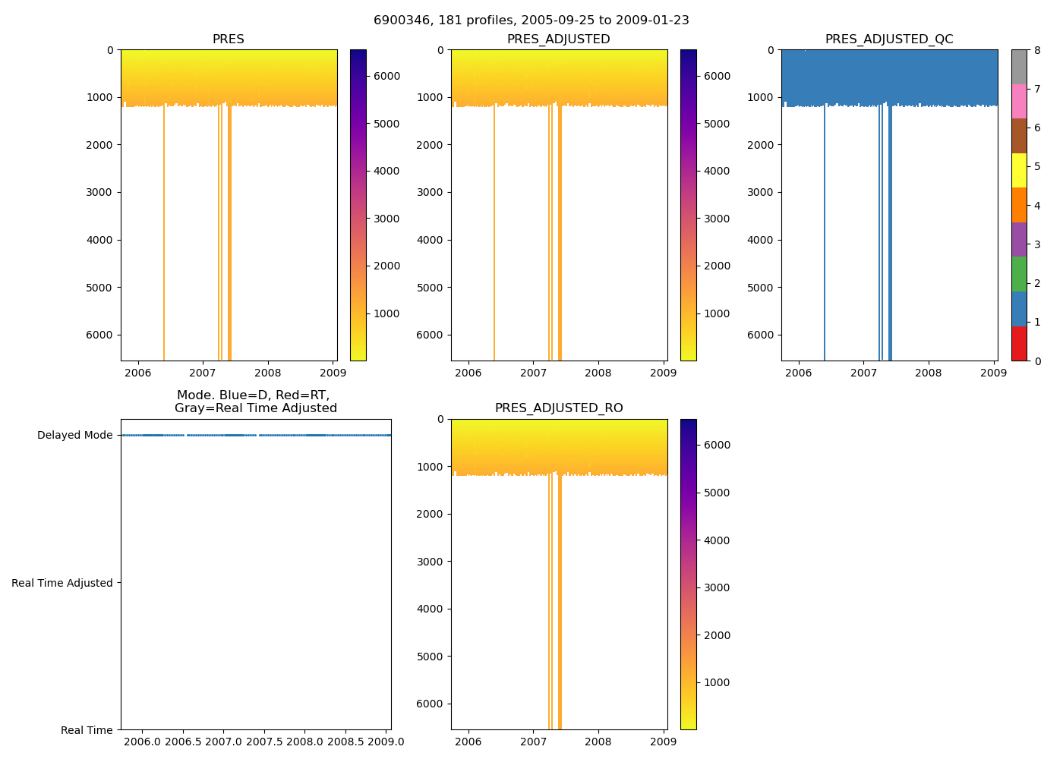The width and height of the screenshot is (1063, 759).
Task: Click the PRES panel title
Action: [228, 39]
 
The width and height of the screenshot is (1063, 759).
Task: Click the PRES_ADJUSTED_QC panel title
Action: [889, 39]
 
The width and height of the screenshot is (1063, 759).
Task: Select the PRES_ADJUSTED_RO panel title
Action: [559, 408]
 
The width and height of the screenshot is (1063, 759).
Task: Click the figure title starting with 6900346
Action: [531, 20]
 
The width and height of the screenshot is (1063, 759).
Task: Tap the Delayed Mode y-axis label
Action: [74, 436]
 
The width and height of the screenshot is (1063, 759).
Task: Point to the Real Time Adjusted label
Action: [62, 583]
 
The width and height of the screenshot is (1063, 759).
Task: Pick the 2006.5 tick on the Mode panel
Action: [183, 742]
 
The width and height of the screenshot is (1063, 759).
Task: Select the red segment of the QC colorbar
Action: [1019, 344]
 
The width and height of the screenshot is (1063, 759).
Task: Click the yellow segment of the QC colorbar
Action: [1019, 171]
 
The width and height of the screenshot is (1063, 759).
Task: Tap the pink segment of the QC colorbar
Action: [1019, 102]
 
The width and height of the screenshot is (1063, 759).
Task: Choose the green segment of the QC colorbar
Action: [1019, 274]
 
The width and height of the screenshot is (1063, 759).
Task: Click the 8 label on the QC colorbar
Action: [1036, 50]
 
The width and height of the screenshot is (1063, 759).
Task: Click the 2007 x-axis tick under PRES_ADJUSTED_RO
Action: [533, 742]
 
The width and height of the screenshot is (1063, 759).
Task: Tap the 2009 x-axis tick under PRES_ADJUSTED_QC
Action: [993, 373]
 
